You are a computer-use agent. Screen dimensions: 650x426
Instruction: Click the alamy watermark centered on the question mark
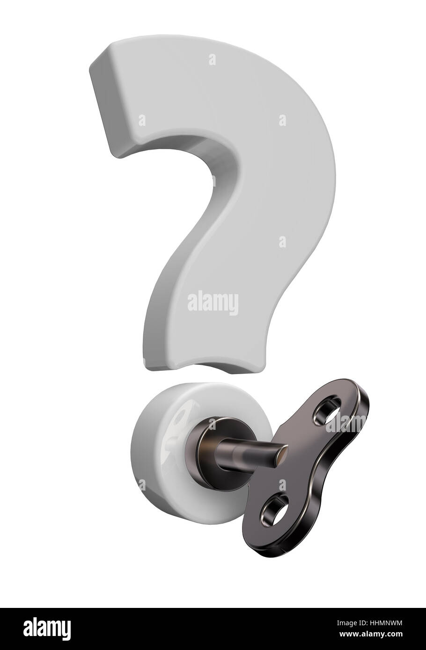pos(213,301)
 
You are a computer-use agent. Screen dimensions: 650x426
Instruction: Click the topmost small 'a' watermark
pos(213,60)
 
